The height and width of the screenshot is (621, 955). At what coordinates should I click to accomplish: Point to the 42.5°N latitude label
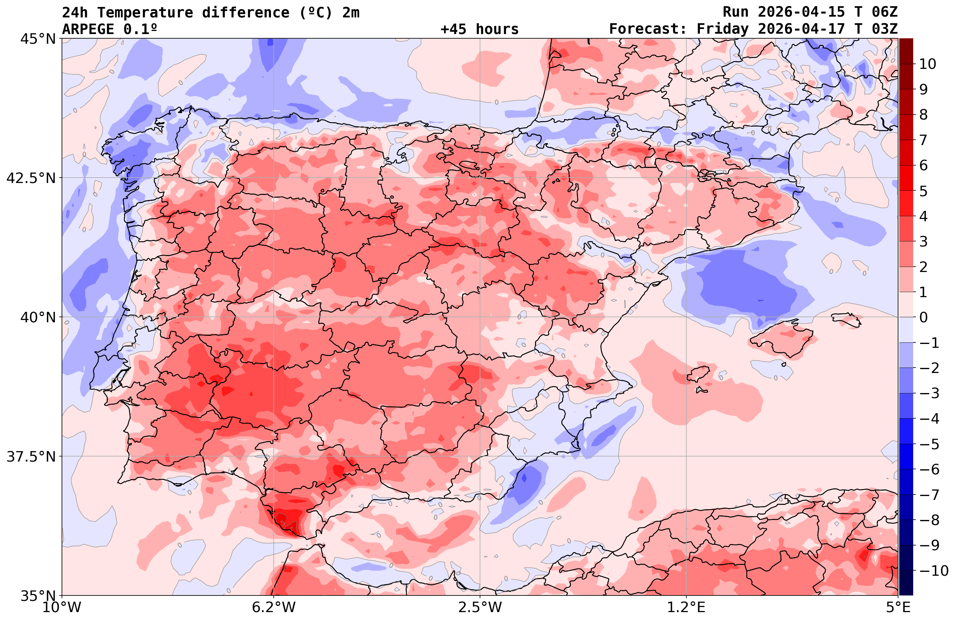click(x=31, y=178)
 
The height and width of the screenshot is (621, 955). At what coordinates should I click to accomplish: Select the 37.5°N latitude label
click(x=31, y=457)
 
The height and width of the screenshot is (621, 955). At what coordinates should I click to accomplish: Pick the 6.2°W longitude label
click(x=274, y=607)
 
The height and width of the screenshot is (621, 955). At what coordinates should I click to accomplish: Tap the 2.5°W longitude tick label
click(x=480, y=607)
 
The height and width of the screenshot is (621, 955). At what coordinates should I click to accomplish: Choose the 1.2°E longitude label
click(x=686, y=607)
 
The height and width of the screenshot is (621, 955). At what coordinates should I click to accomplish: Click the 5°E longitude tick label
click(x=898, y=607)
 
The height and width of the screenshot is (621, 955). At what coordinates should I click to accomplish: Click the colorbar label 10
click(x=927, y=64)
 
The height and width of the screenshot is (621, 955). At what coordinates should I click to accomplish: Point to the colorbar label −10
click(x=933, y=570)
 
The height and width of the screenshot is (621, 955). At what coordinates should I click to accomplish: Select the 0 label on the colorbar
click(x=923, y=317)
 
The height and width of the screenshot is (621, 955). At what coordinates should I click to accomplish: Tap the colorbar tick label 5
click(x=923, y=191)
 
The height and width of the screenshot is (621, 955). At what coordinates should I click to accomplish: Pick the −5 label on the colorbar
click(x=929, y=444)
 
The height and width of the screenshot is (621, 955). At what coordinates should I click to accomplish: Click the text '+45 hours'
click(x=480, y=29)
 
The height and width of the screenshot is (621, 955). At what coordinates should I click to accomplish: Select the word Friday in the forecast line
click(x=722, y=29)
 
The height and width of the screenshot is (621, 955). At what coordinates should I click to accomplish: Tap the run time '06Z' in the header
click(x=885, y=12)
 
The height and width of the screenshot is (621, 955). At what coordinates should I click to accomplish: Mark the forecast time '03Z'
click(x=885, y=29)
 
